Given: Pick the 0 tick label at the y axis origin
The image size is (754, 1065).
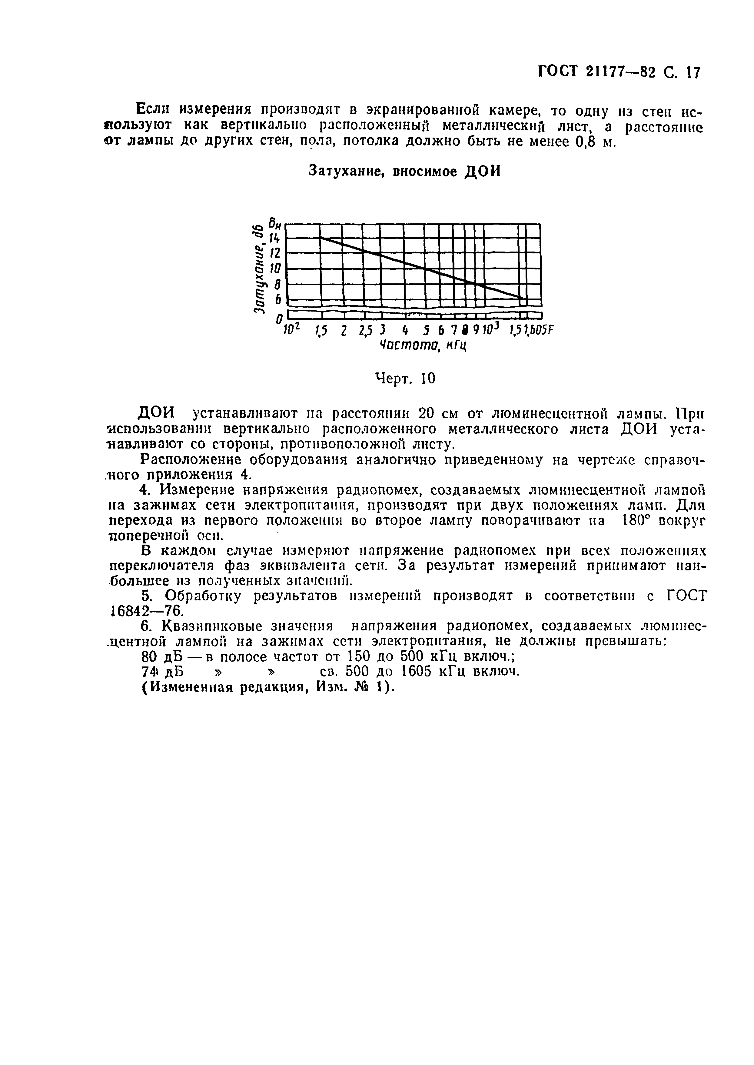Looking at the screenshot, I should pos(279,319).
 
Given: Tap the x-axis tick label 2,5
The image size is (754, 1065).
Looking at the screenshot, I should pos(366,330).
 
